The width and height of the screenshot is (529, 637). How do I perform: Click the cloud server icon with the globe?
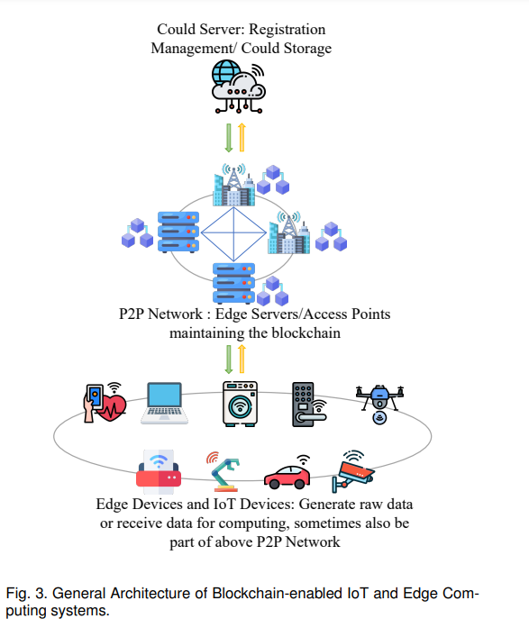click(239, 86)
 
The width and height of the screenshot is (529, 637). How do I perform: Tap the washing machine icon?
click(240, 404)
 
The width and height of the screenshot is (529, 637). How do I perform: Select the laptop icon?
click(165, 404)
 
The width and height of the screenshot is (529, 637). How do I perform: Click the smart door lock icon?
click(309, 405)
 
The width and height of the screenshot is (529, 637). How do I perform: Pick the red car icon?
click(287, 472)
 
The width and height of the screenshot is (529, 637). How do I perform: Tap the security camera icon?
click(352, 471)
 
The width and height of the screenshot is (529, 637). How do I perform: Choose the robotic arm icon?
click(223, 471)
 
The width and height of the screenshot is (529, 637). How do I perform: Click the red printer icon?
click(159, 471)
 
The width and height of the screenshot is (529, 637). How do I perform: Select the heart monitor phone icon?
click(105, 403)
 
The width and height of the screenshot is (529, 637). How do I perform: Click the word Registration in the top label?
click(287, 30)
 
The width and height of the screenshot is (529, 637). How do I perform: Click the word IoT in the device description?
click(224, 505)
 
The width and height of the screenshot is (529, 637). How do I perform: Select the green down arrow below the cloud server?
click(229, 138)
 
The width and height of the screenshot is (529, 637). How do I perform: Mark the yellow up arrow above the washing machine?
click(242, 359)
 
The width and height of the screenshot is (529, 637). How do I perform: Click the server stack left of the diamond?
click(178, 232)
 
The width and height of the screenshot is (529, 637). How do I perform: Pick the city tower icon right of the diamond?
click(288, 232)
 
